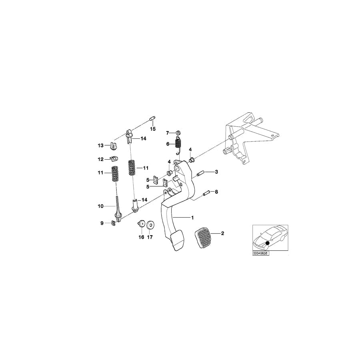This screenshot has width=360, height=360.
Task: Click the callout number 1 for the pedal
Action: tap(192, 218)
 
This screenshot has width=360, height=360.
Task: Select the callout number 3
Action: tap(216, 172)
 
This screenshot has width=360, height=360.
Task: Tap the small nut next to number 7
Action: tap(178, 132)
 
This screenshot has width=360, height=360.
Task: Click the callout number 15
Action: tap(152, 129)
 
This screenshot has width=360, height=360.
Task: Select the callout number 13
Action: tap(101, 145)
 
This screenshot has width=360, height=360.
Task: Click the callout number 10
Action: tap(100, 206)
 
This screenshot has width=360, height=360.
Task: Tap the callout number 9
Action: tap(102, 223)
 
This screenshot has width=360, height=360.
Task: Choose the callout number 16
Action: tap(141, 237)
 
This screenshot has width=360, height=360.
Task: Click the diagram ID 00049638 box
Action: tap(261, 253)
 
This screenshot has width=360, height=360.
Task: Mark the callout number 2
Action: tap(223, 233)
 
